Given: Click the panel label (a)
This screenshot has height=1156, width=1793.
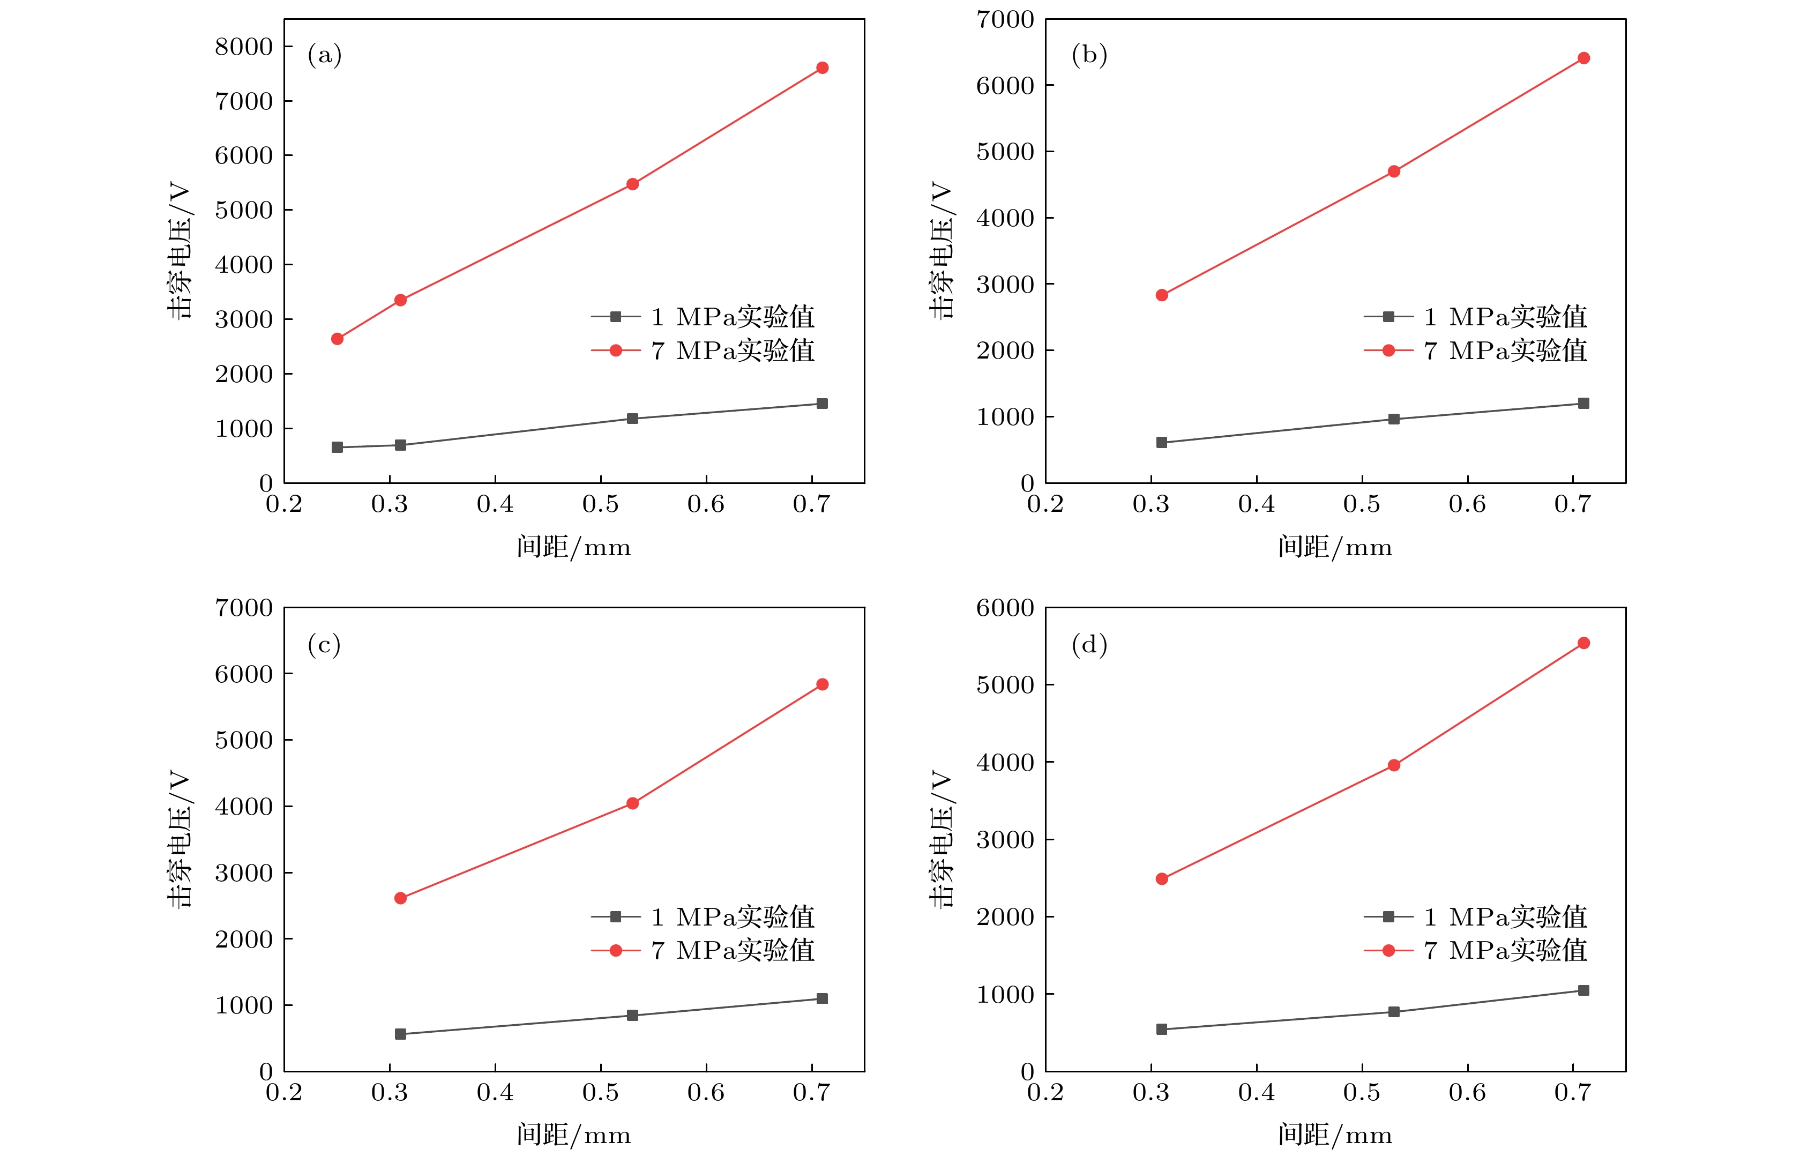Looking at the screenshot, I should click(324, 55).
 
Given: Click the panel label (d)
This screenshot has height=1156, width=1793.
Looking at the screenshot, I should click(1089, 644).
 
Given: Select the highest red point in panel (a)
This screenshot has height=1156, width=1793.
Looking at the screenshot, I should click(822, 68).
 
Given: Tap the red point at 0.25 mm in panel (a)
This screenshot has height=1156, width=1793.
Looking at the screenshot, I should click(337, 339).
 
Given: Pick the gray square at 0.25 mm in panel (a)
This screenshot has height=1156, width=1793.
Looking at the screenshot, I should click(337, 448).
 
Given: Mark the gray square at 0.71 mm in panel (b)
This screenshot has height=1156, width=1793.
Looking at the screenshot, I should click(1583, 403).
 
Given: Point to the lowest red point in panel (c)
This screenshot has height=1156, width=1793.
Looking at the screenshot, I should click(400, 898).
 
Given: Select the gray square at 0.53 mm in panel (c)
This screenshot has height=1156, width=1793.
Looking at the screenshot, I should click(632, 1015).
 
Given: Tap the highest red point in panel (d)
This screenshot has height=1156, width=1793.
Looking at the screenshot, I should click(1583, 643).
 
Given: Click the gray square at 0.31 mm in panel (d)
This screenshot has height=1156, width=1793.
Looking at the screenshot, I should click(1162, 1029).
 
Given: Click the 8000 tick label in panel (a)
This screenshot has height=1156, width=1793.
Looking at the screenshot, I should click(243, 47).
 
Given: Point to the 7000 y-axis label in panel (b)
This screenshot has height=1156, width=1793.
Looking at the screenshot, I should click(1004, 19).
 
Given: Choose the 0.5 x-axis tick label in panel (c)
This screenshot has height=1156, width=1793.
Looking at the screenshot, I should click(600, 1092).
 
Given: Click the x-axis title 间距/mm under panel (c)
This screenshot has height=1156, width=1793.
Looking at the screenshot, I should click(573, 1134).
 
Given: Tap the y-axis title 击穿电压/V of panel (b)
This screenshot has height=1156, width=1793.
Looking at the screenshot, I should click(940, 250).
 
